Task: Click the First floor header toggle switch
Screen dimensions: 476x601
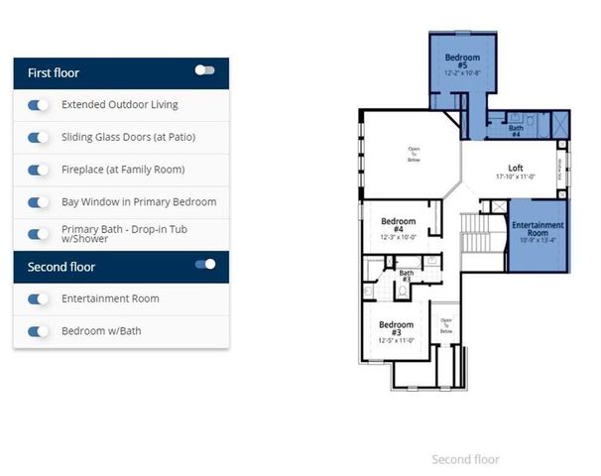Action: pos(204,70)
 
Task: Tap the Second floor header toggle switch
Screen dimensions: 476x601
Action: pos(205,264)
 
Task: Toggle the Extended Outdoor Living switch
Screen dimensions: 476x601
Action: pos(39,105)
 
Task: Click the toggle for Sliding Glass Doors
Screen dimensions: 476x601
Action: pos(39,137)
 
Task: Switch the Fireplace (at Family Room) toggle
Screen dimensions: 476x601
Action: pos(39,170)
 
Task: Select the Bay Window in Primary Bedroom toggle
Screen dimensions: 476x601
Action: pos(39,202)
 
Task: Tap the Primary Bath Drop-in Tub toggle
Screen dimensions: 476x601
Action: pos(39,234)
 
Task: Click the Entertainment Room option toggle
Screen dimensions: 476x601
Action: pos(39,298)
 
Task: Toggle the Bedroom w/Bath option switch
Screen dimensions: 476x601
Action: pos(39,331)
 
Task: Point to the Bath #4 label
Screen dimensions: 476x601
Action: pos(516,130)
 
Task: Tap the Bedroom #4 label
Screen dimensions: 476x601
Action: pos(397,227)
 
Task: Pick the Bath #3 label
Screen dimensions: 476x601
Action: pos(406,277)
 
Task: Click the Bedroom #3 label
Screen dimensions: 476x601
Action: pos(396,329)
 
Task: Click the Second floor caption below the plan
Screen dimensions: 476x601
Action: pos(465,459)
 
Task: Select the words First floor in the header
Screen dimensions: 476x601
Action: pos(54,73)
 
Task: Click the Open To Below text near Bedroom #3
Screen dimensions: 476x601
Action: pos(446,324)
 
